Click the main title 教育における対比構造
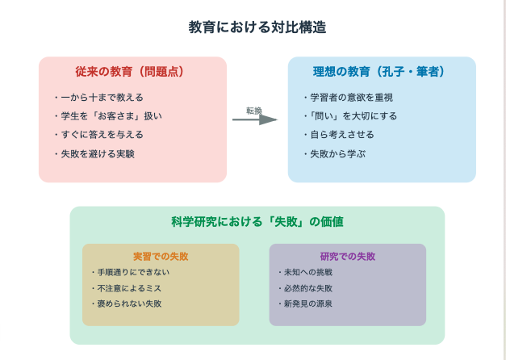pyautogui.click(x=257, y=27)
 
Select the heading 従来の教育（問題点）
pyautogui.click(x=129, y=71)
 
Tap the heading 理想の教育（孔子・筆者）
pyautogui.click(x=378, y=71)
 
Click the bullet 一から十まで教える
pyautogui.click(x=99, y=97)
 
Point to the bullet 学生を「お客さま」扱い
pyautogui.click(x=108, y=116)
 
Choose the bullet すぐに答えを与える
pyautogui.click(x=99, y=135)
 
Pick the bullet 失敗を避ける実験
pyautogui.click(x=94, y=154)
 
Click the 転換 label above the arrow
pyautogui.click(x=254, y=111)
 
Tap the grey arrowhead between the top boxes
pyautogui.click(x=268, y=119)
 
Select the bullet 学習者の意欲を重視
pyautogui.click(x=349, y=97)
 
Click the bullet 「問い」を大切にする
pyautogui.click(x=351, y=116)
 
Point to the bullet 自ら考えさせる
pyautogui.click(x=339, y=135)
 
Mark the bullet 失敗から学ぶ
pyautogui.click(x=335, y=154)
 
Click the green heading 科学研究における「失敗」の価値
pyautogui.click(x=257, y=222)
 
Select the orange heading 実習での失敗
pyautogui.click(x=161, y=257)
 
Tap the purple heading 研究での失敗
pyautogui.click(x=348, y=257)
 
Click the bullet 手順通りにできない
pyautogui.click(x=131, y=272)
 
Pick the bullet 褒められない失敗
pyautogui.click(x=127, y=303)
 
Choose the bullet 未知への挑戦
pyautogui.click(x=305, y=272)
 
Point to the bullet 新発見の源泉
pyautogui.click(x=305, y=303)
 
